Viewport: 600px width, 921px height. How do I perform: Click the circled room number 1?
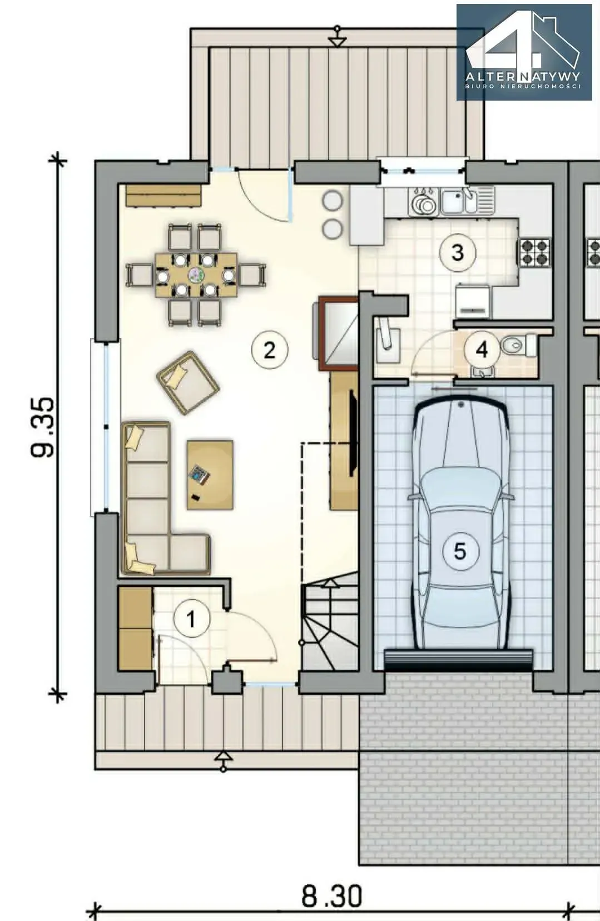[x=192, y=619]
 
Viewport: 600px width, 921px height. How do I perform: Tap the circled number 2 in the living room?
[x=269, y=350]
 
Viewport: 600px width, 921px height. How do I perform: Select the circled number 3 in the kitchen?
[x=457, y=252]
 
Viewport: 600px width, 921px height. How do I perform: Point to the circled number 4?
[x=482, y=350]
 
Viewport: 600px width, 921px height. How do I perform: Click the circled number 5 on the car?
[x=460, y=551]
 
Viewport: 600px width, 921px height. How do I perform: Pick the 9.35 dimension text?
[x=43, y=427]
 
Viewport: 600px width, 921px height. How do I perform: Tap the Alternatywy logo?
[x=524, y=52]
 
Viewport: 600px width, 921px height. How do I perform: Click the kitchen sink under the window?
[x=467, y=201]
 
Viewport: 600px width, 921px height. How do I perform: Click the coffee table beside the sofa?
[x=210, y=475]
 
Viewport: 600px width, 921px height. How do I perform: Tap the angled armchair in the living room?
[x=187, y=382]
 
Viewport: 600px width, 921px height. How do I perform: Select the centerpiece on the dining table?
[x=196, y=275]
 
